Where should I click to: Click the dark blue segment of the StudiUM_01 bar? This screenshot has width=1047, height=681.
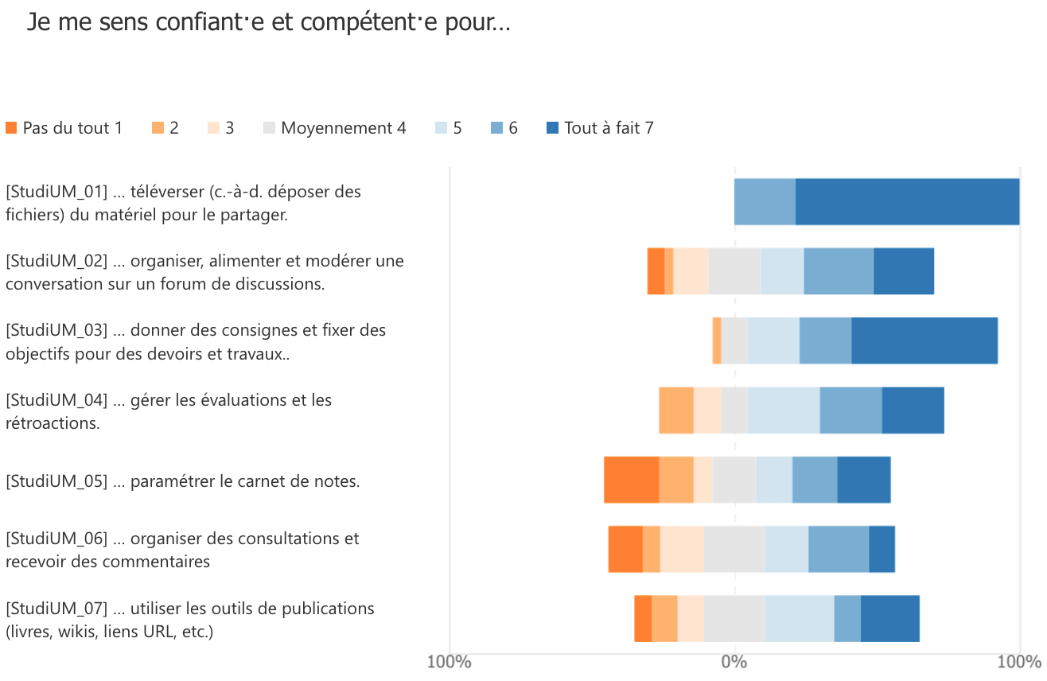pos(907,202)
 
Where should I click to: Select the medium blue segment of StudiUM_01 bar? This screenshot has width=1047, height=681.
pos(765,202)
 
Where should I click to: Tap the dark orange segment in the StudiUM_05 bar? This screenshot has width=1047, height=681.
pos(631,480)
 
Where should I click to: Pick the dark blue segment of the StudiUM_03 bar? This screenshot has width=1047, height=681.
pos(924,340)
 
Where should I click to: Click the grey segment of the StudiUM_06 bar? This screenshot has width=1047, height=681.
pos(734,549)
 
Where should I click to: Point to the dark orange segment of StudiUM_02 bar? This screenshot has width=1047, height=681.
pos(656,271)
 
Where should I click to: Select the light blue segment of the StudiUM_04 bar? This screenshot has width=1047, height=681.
pos(784,411)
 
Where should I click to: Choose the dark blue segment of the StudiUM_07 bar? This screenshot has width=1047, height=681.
pos(890,618)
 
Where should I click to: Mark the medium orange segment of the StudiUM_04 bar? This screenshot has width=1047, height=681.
pos(676,411)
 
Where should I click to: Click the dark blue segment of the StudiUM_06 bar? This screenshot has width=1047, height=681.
pos(882,549)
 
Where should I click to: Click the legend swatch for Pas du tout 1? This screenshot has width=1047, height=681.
pos(11,128)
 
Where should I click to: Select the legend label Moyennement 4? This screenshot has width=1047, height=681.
pos(344,128)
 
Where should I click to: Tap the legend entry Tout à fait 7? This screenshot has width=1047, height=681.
pos(609,128)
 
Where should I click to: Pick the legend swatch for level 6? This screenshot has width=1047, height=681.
pos(496,128)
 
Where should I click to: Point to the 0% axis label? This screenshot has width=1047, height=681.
pos(734,662)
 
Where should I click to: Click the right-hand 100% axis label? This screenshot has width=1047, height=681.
pos(1019,662)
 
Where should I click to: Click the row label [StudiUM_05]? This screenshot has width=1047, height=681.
pos(56,481)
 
